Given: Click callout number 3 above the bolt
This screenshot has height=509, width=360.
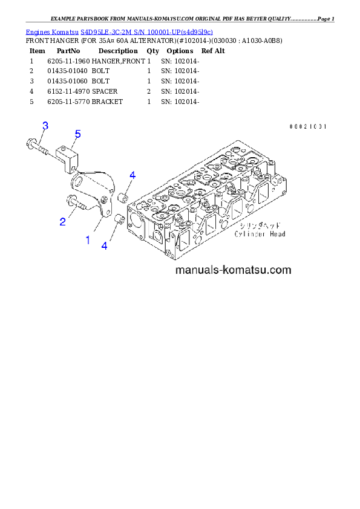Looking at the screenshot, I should pyautogui.click(x=45, y=126).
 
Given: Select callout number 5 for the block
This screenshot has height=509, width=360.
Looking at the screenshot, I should pyautogui.click(x=77, y=134).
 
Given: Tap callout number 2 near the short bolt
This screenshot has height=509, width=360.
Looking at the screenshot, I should pyautogui.click(x=62, y=222).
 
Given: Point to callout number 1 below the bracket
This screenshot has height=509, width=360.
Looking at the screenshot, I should pyautogui.click(x=88, y=240).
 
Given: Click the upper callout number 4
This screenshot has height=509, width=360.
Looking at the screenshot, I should pyautogui.click(x=132, y=175).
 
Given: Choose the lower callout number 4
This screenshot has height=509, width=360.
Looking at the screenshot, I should pyautogui.click(x=105, y=245).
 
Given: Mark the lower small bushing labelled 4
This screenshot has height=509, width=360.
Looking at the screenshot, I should pyautogui.click(x=119, y=218).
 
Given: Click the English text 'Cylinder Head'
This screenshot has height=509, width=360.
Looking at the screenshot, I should pyautogui.click(x=260, y=234).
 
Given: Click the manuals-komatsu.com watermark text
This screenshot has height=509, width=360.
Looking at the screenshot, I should pyautogui.click(x=233, y=270).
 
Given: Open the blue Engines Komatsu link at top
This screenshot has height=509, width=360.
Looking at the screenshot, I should pyautogui.click(x=119, y=31).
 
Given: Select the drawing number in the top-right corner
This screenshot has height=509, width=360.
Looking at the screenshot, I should pyautogui.click(x=307, y=127).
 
